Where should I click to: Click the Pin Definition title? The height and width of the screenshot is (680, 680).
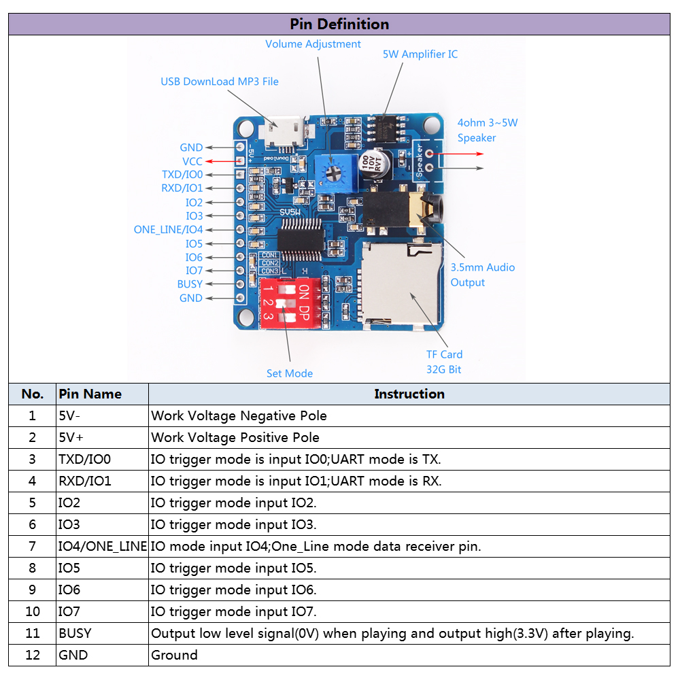(339, 24)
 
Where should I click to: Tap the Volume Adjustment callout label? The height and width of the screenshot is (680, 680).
(313, 44)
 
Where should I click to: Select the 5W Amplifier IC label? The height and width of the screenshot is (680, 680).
(420, 54)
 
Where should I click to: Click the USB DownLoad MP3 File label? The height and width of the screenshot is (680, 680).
(220, 82)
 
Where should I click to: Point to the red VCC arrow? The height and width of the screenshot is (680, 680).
(221, 161)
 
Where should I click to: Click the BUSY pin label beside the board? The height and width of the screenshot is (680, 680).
(190, 284)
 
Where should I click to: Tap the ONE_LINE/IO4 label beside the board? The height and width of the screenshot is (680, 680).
(168, 230)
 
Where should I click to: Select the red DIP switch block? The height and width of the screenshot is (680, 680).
(286, 299)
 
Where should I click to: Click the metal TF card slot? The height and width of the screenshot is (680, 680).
(400, 282)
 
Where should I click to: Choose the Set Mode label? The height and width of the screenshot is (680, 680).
(290, 373)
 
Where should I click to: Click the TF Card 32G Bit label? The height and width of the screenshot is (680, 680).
(444, 362)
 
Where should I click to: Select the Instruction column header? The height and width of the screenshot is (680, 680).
(409, 394)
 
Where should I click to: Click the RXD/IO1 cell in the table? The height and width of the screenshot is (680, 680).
(85, 481)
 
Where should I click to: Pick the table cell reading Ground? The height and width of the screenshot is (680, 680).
(175, 655)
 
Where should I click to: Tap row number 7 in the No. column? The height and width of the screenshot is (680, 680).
(32, 546)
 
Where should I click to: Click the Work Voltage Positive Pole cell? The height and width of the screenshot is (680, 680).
(235, 437)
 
